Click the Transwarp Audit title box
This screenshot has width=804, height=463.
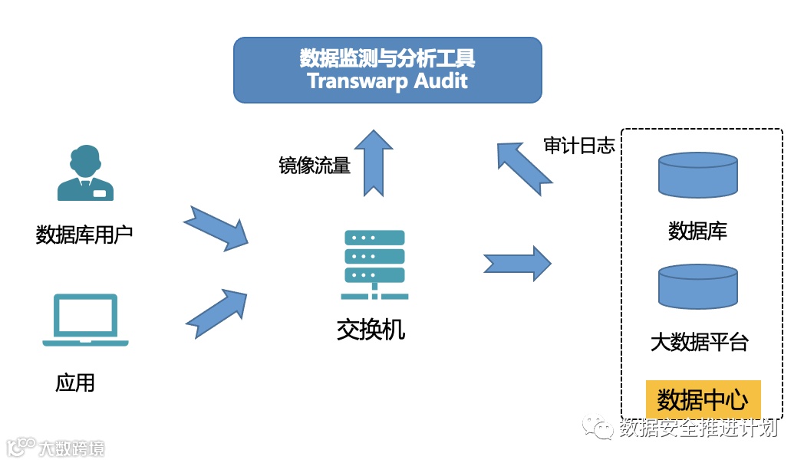[x=387, y=70]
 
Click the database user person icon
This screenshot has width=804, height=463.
[x=85, y=174]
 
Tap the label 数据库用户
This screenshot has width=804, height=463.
[x=84, y=234]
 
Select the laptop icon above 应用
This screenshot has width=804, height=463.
[x=85, y=320]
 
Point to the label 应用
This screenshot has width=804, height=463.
[x=75, y=382]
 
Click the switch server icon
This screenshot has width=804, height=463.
[x=374, y=264]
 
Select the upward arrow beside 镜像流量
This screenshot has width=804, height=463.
[x=376, y=163]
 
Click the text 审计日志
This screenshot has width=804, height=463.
[x=579, y=146]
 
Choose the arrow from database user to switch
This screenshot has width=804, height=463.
[x=217, y=228]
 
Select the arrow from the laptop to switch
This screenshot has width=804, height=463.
[x=217, y=312]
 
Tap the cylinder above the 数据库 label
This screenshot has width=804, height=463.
[x=697, y=176]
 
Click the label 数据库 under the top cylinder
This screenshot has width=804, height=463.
[x=697, y=230]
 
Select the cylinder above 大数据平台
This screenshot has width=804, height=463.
[x=697, y=287]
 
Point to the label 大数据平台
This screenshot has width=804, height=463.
[x=699, y=342]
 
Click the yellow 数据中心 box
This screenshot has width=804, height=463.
[x=703, y=399]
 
